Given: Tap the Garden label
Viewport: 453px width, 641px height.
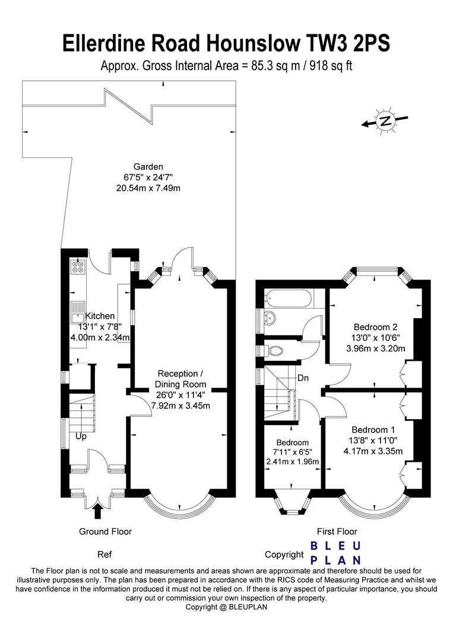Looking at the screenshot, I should click(x=148, y=167).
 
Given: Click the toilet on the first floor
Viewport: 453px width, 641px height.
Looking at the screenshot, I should click(x=273, y=350).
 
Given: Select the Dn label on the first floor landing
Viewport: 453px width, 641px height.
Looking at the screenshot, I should click(x=303, y=377).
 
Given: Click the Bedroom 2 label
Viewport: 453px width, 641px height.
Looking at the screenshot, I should click(x=375, y=326).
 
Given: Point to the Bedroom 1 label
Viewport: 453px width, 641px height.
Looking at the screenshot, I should click(x=372, y=430).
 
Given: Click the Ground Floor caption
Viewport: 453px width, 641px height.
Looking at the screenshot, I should click(x=106, y=531).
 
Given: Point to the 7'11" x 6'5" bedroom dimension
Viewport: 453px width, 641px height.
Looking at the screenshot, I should click(x=292, y=452).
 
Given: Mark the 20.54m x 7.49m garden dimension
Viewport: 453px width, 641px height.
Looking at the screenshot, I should click(x=148, y=188).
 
